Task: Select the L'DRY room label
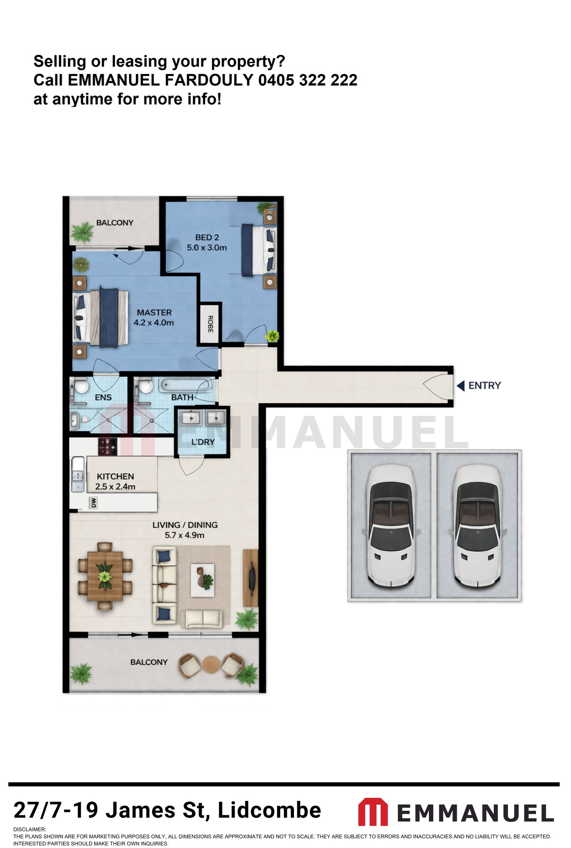203,442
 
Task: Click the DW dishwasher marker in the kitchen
94,503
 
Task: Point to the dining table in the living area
105,576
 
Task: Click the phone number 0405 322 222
308,80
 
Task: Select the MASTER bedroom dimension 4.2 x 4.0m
153,323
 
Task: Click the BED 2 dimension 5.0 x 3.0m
206,248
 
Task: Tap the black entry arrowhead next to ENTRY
461,385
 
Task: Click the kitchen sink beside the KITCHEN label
78,474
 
